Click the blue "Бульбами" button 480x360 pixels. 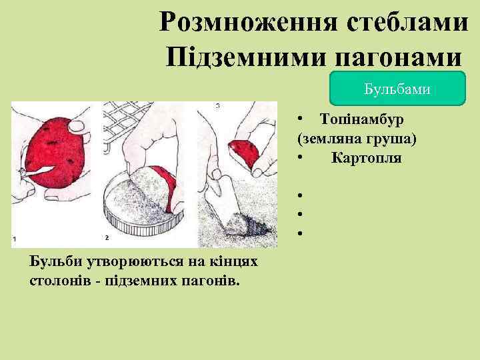397,88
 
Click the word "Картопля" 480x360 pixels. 366,158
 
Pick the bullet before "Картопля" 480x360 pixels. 301,158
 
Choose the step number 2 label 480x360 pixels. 107,237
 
